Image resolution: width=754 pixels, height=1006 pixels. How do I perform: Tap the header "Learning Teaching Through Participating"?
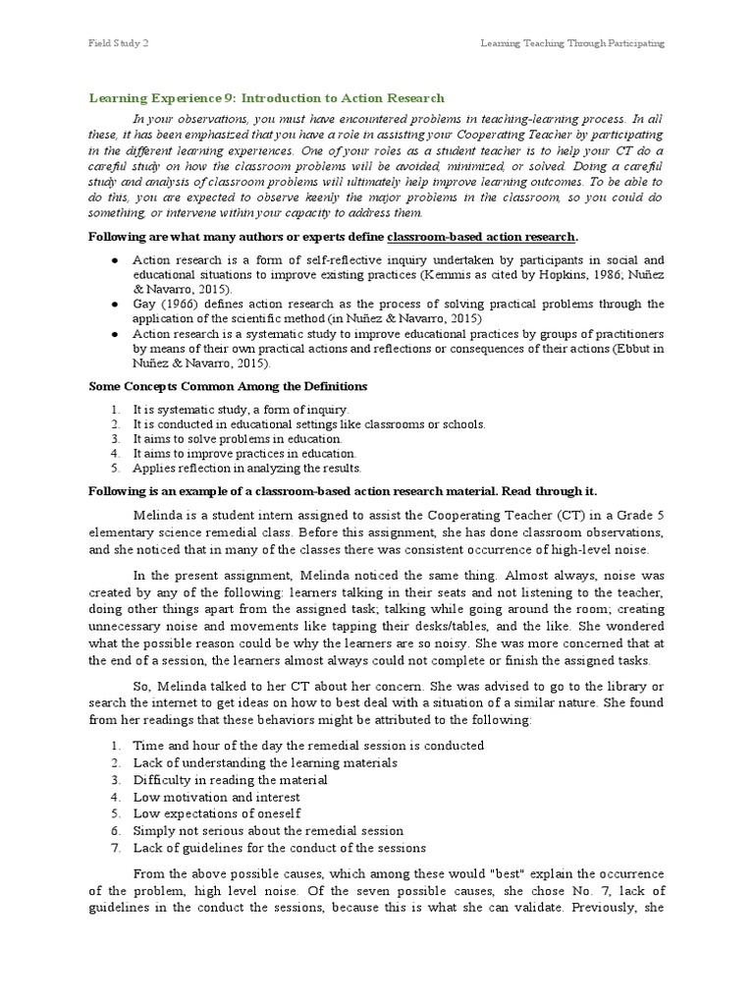tap(571, 43)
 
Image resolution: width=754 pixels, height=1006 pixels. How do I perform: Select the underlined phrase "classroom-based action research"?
tap(482, 237)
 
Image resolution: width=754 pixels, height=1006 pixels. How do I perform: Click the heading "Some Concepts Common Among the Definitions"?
tap(228, 386)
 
